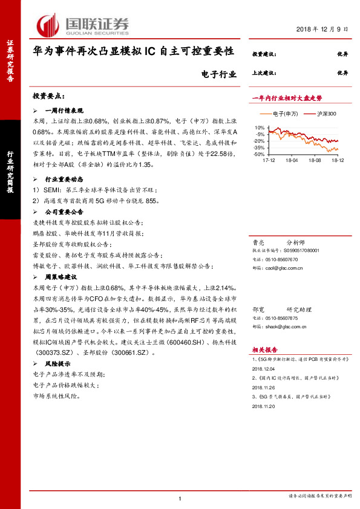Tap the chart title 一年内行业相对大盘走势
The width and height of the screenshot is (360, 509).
[x=287, y=97]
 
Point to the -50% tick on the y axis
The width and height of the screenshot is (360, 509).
[x=258, y=154]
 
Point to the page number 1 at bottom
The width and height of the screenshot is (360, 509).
[x=180, y=498]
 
